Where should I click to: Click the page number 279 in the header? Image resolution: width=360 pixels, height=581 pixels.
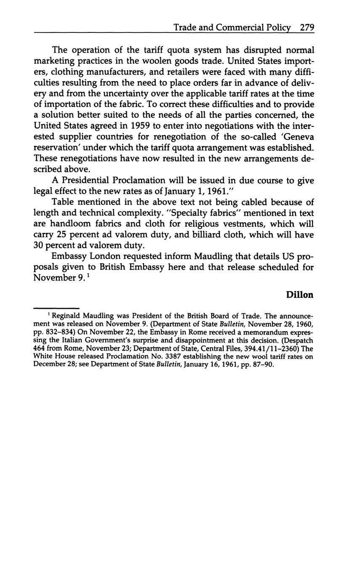307,28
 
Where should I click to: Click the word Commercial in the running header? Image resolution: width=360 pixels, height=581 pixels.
241,28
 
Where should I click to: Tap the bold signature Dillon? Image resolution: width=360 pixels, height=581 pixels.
300,295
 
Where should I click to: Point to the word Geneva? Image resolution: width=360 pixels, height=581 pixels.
298,137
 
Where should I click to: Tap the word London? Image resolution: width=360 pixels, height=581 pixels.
99,257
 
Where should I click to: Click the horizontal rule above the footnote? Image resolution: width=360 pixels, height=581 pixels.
56,308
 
